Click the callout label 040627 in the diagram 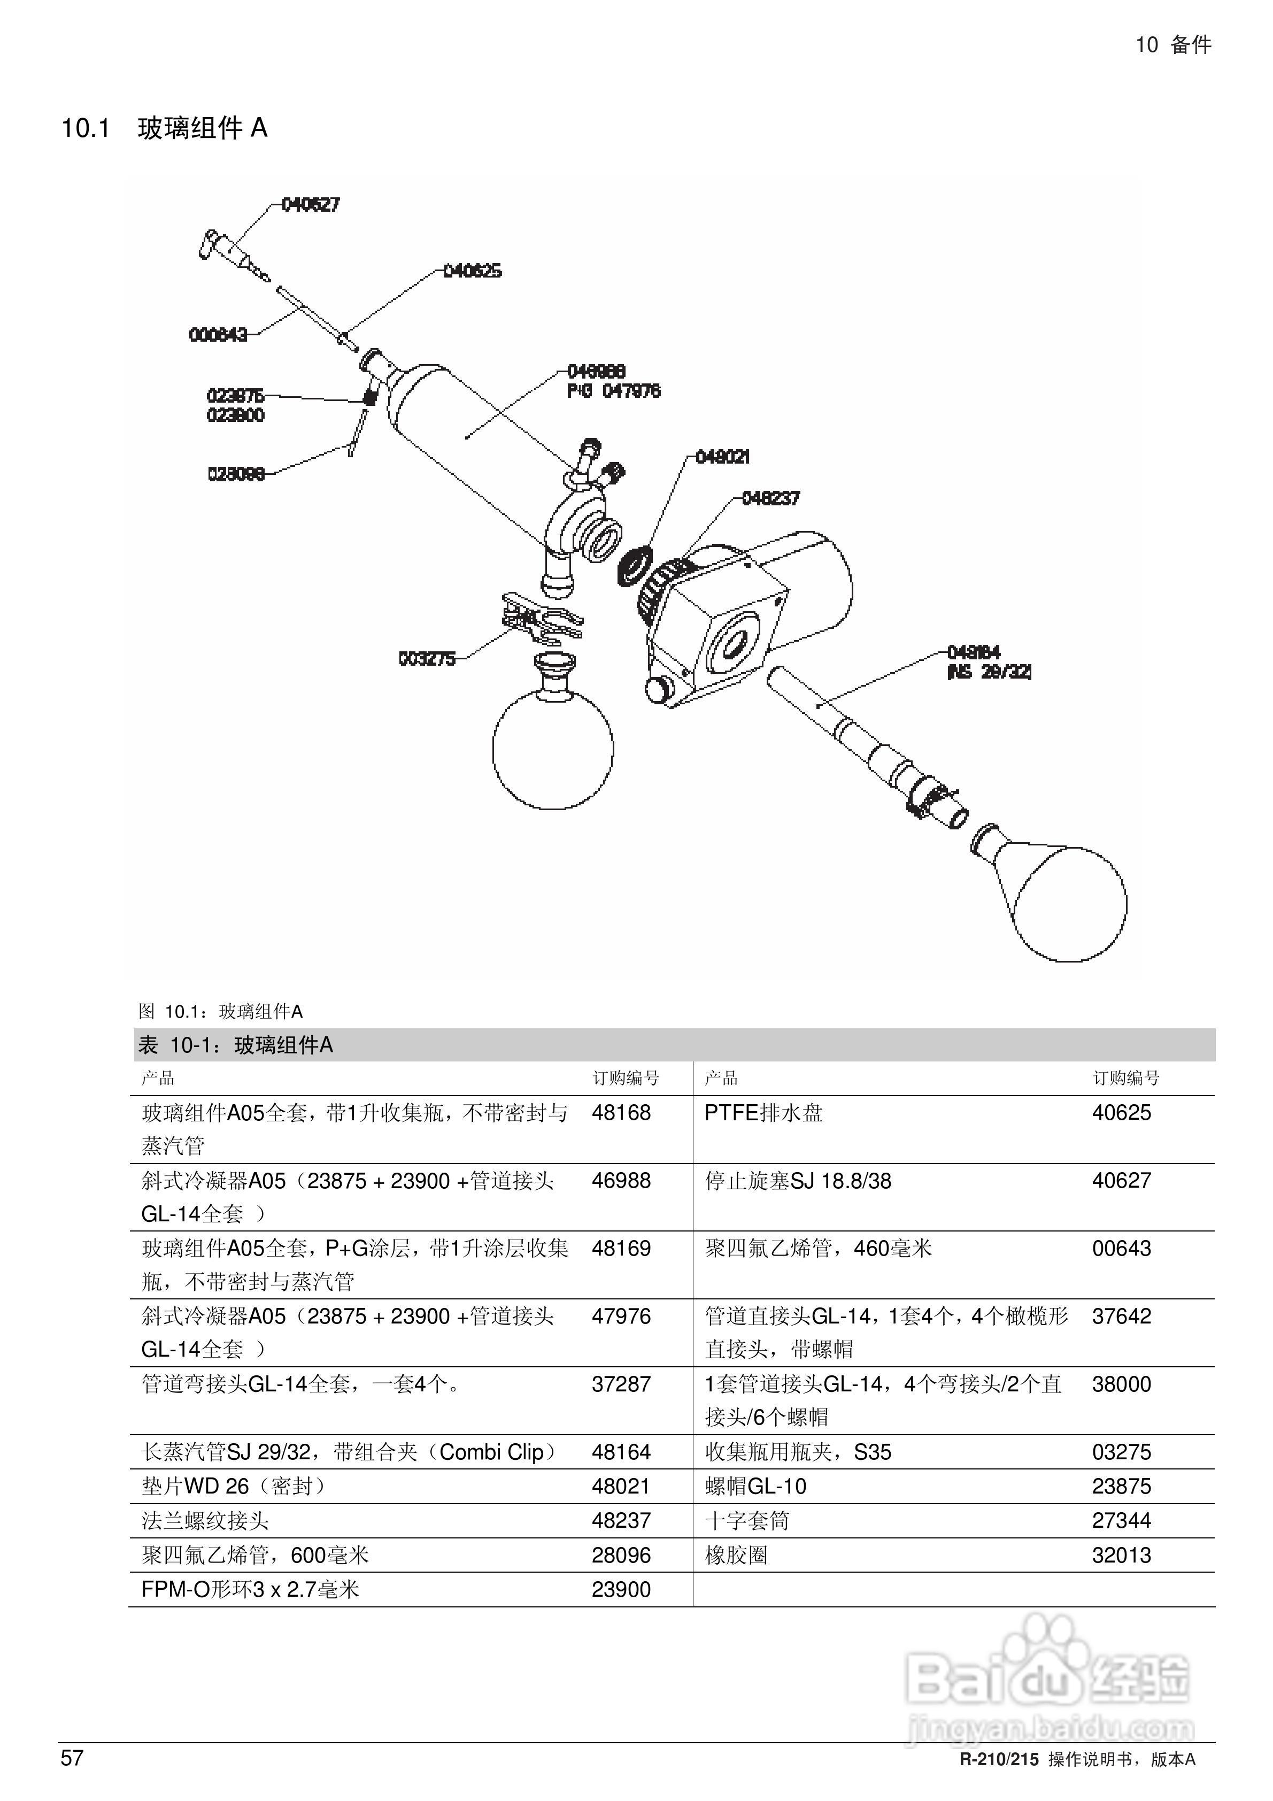311,205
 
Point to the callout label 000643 218,335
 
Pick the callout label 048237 770,498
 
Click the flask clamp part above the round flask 541,617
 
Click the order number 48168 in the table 621,1112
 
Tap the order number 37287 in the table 621,1384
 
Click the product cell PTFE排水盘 763,1112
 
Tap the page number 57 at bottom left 72,1758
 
